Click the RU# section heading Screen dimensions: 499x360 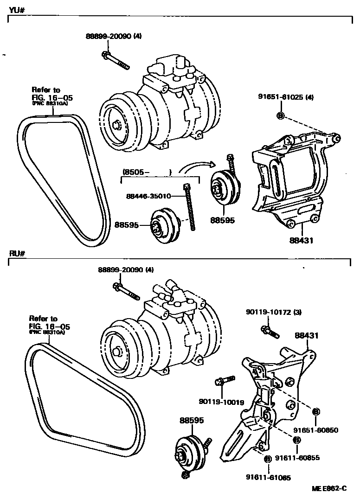pos(17,253)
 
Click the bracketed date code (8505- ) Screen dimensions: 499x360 pos(147,172)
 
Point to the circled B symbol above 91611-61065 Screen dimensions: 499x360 pos(268,459)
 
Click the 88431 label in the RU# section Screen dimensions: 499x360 pos(307,335)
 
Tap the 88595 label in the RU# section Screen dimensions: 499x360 pos(192,420)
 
